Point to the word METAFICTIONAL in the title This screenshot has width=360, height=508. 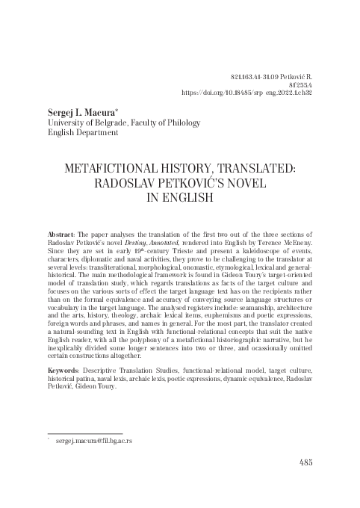pos(106,169)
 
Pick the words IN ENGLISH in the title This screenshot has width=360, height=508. pos(179,198)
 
